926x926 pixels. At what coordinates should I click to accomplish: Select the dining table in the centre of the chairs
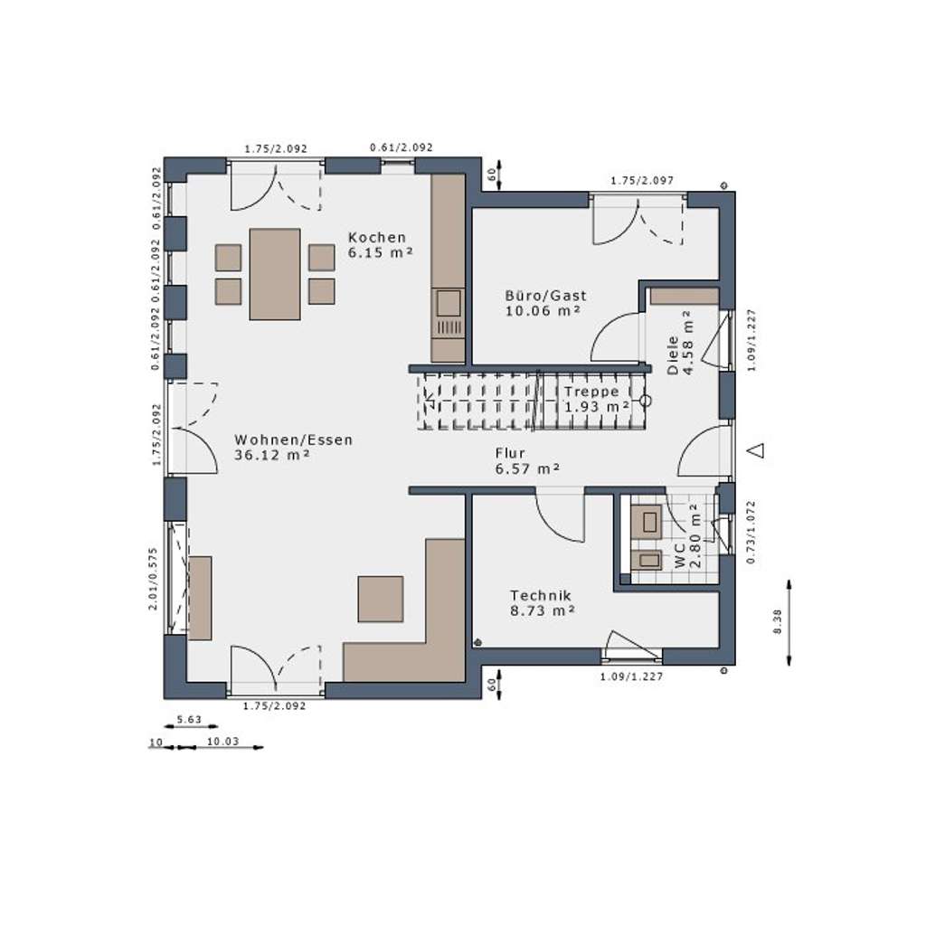click(275, 273)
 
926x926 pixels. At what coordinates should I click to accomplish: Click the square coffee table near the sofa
click(380, 599)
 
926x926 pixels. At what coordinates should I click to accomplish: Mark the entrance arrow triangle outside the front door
click(758, 449)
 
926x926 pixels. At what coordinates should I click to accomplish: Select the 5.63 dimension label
click(188, 720)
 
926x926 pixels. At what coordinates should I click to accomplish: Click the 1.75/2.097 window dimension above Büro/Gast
click(642, 181)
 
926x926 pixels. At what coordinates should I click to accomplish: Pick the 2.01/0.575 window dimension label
click(154, 579)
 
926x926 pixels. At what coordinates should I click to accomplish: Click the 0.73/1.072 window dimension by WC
click(749, 532)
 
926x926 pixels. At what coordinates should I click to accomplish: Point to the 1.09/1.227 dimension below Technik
click(633, 676)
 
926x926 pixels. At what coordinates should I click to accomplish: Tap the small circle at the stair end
click(646, 400)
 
